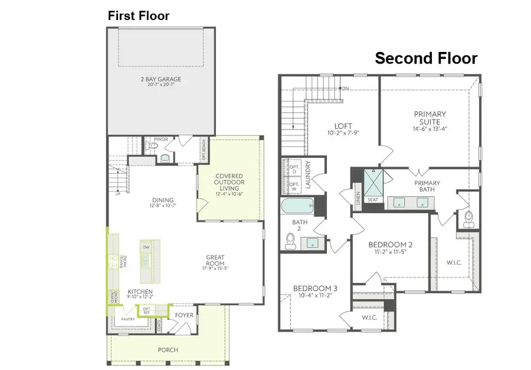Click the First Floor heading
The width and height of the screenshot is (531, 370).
138,16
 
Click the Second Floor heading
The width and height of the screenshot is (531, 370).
426,58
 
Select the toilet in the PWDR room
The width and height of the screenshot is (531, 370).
165,158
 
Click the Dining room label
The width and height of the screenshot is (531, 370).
162,203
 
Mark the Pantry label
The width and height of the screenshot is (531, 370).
129,319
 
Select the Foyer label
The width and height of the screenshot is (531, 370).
184,315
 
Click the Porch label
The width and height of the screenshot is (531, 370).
168,349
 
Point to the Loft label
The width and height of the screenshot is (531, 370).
343,128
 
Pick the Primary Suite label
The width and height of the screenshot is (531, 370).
430,118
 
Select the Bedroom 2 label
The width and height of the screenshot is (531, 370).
389,247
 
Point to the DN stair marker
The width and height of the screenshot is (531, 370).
345,89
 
